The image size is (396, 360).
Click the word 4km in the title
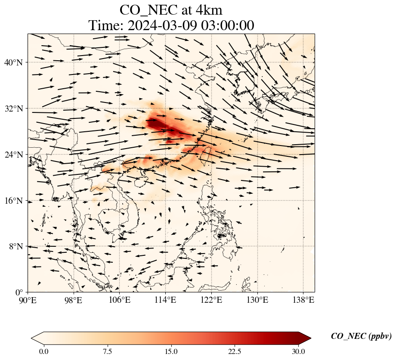(208, 9)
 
